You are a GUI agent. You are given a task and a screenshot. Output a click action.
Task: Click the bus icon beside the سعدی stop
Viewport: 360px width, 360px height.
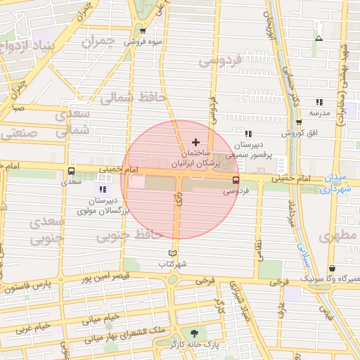coord(71,171)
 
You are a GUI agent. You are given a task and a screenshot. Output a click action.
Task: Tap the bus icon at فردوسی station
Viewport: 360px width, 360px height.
coord(236,179)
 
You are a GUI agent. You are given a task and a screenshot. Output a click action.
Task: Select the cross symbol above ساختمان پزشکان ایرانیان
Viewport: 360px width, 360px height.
coord(195,142)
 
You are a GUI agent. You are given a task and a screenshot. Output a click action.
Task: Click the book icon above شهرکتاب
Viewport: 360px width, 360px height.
coord(173,253)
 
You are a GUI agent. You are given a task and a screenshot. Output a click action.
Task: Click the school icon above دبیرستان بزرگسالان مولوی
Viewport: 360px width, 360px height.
coord(103,189)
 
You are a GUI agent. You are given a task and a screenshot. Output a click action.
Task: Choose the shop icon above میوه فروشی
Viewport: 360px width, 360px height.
coord(143,31)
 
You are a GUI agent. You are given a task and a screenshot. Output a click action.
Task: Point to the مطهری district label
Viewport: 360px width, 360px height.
coord(338,236)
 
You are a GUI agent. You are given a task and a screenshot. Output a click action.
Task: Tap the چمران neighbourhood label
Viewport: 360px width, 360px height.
coord(98,42)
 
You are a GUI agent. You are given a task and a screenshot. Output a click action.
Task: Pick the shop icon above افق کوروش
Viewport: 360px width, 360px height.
coord(299,122)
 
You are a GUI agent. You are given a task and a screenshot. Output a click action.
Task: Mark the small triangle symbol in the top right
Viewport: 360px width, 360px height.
coord(319,38)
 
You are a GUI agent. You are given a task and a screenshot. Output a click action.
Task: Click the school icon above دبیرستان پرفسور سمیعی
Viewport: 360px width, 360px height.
coord(247,133)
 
